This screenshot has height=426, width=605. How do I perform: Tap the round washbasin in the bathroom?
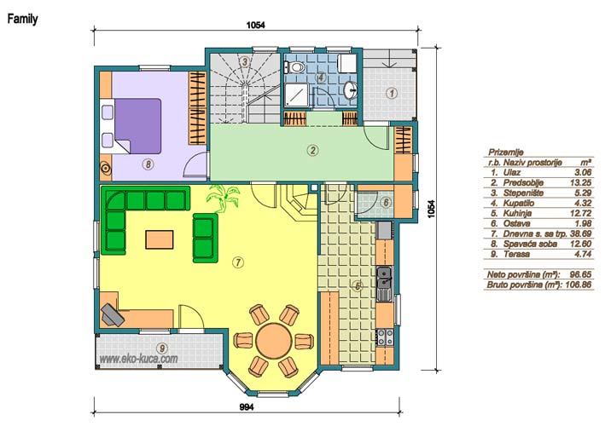coord(351,90)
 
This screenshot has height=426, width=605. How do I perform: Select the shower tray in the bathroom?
coord(296,95)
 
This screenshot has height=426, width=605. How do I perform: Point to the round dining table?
coord(274,341)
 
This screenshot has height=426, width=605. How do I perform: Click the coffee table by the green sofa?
coord(160,239)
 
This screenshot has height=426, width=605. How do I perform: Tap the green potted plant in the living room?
coord(223,197)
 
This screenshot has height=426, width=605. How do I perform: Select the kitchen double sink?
coord(384,284)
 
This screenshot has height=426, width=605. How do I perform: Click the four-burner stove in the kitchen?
coord(385,337)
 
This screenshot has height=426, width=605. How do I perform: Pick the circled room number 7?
coord(238,262)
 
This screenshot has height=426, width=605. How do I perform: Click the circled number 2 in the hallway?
coord(312,150)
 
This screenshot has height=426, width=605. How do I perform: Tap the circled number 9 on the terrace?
coord(162,348)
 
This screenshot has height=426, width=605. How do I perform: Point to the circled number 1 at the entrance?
coord(392,93)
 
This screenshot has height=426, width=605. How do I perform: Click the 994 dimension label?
coord(247,406)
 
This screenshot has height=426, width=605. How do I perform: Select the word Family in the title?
coord(22,19)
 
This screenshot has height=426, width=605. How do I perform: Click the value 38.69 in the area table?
coord(580,233)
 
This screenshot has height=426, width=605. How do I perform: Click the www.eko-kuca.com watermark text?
coord(139,359)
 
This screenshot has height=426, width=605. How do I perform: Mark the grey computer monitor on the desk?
coord(113,314)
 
